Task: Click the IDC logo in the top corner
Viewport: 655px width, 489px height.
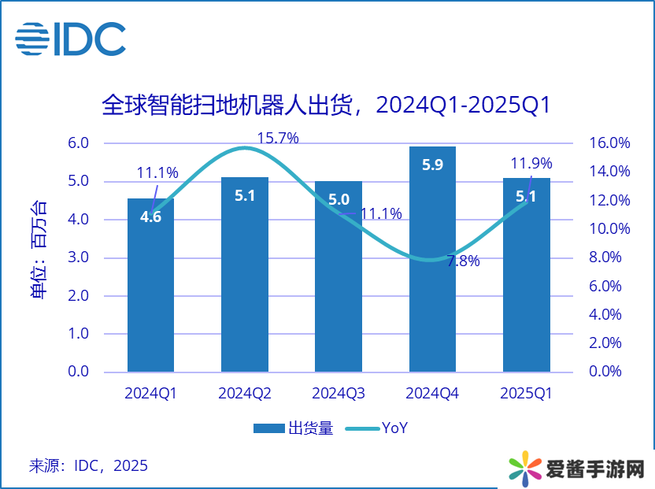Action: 70,39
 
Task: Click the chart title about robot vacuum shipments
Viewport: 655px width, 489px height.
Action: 325,105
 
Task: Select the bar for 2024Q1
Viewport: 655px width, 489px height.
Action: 150,299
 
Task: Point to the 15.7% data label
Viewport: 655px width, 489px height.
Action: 278,139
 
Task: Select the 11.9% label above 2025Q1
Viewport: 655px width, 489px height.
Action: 531,164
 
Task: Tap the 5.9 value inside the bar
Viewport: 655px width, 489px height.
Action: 432,165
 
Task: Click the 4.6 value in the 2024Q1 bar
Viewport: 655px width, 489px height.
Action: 150,217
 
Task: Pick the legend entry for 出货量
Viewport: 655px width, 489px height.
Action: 294,428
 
